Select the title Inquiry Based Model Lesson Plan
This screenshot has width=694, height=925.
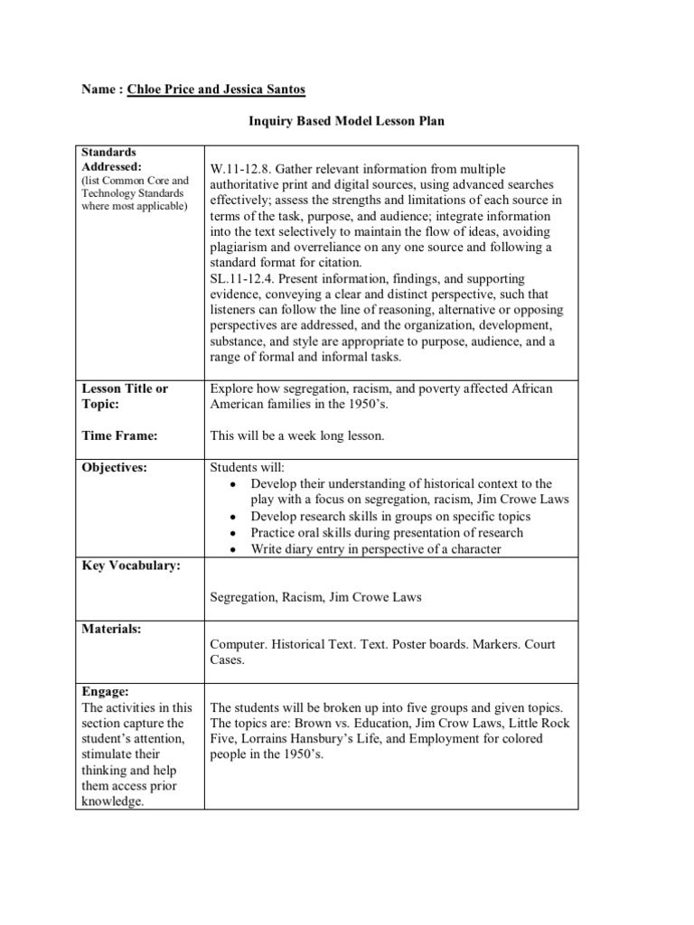pyautogui.click(x=346, y=121)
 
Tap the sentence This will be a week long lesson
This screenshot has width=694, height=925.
pyautogui.click(x=297, y=436)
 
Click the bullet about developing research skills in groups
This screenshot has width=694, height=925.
pyautogui.click(x=390, y=517)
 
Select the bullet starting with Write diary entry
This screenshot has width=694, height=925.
pyautogui.click(x=376, y=548)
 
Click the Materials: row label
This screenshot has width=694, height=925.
pyautogui.click(x=111, y=629)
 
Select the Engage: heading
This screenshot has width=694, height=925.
pyautogui.click(x=106, y=691)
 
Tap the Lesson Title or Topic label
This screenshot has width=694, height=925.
pyautogui.click(x=125, y=397)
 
